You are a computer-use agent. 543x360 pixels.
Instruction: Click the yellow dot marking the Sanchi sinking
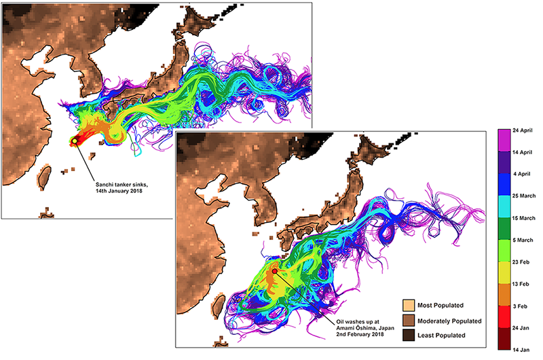[x=74, y=141]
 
